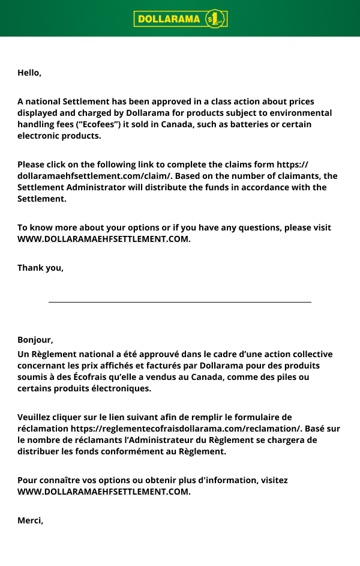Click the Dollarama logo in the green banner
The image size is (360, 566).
[180, 19]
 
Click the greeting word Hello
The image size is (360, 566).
[28, 73]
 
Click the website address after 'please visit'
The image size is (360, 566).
[104, 239]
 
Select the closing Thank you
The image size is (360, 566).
[40, 268]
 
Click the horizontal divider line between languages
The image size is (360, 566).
[180, 302]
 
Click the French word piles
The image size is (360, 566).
[287, 377]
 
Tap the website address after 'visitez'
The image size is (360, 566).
[104, 492]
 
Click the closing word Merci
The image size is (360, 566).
[30, 520]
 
